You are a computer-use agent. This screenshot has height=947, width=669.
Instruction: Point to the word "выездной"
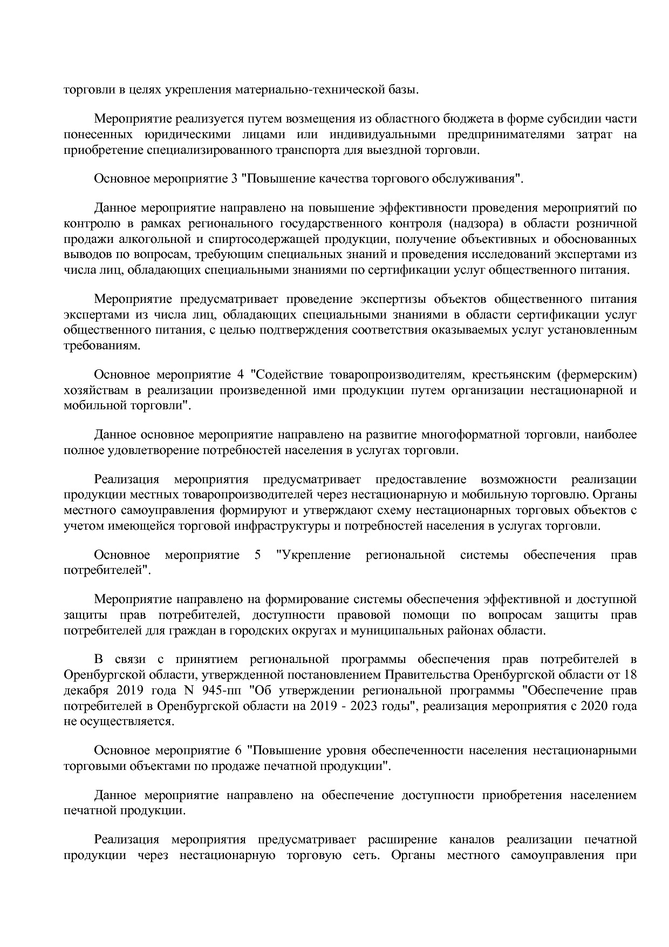click(x=395, y=150)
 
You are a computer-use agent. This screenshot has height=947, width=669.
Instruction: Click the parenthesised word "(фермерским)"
click(x=598, y=374)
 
